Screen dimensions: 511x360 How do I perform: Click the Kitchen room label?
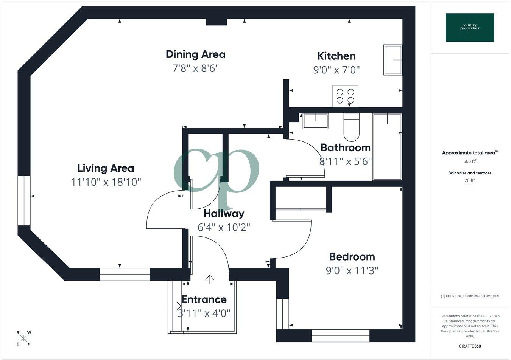tap(337, 56)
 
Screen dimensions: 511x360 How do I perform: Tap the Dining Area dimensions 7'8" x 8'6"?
tap(195, 68)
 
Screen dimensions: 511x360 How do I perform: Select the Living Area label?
tap(106, 168)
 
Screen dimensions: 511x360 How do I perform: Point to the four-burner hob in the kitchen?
tap(345, 96)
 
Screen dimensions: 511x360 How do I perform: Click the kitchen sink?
tap(393, 60)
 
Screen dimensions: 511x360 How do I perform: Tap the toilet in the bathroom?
tap(352, 127)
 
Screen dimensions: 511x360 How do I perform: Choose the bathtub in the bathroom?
tap(387, 147)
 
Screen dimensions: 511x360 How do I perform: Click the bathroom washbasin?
tap(316, 121)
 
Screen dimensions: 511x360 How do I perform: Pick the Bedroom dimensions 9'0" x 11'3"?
tap(352, 271)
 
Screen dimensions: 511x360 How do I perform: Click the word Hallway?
tap(224, 214)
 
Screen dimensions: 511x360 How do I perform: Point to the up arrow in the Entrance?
tap(210, 279)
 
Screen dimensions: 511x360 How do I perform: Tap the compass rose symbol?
tap(23, 338)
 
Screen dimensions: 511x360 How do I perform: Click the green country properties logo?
tap(470, 28)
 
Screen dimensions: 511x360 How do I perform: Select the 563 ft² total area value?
tap(470, 161)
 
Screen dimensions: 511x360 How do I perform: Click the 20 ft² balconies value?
tap(470, 180)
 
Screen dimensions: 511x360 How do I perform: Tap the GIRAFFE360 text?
tap(470, 346)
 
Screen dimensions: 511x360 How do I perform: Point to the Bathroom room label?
tap(345, 147)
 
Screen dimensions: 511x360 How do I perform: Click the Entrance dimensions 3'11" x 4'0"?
tap(204, 313)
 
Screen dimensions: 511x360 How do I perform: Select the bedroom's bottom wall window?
tap(340, 336)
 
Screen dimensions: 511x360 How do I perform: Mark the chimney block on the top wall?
tap(216, 22)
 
